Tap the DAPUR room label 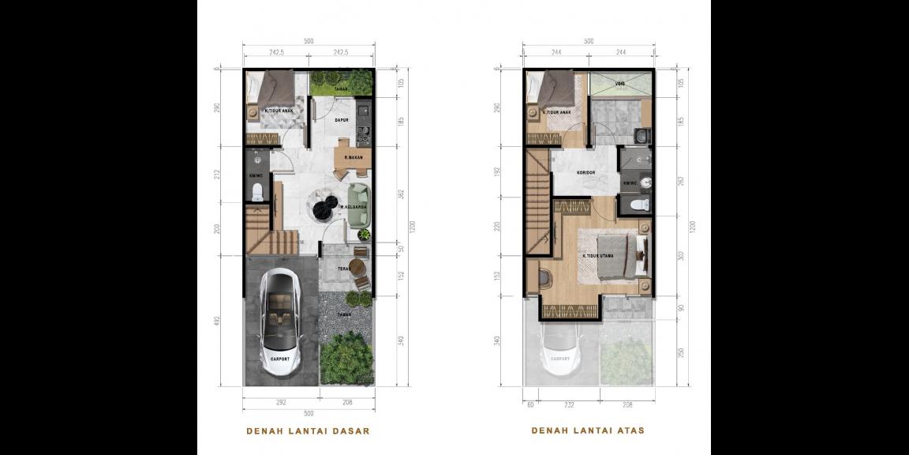point(342,121)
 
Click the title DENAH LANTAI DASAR point(308,431)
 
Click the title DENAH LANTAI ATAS point(588,431)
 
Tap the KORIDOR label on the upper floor point(585,173)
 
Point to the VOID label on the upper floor point(620,82)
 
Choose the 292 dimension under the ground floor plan point(282,403)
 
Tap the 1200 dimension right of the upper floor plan point(693,226)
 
